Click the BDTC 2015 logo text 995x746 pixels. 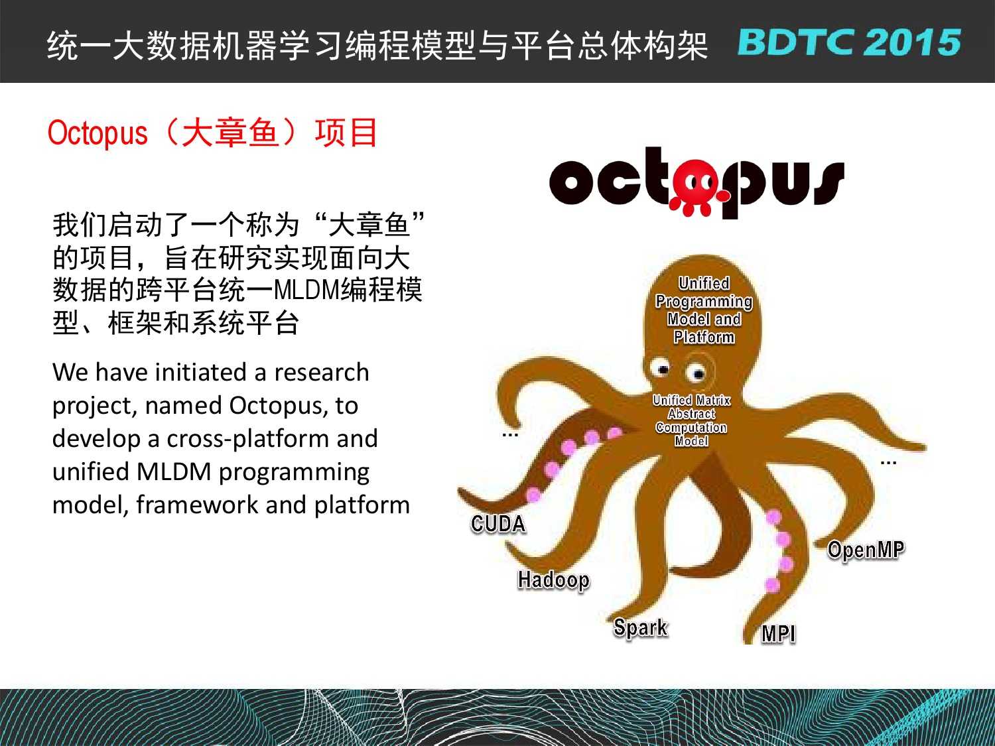pos(848,42)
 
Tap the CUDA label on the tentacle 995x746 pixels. pos(498,524)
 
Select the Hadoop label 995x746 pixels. pos(553,581)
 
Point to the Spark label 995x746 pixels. pos(641,628)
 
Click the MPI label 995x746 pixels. pos(778,634)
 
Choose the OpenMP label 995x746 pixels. pos(866,550)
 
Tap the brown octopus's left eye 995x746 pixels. pos(661,367)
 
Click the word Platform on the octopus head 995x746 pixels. pos(704,337)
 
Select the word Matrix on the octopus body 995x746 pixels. pos(713,401)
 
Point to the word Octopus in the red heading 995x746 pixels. pos(98,133)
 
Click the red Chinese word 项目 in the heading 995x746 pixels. pos(346,132)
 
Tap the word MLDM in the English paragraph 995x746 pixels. pos(174,471)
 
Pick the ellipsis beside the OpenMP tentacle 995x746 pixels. pos(888,463)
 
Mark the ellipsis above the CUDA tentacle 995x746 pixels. pos(510,435)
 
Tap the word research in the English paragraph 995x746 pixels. pos(322,372)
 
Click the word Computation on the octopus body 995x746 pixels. pos(691,428)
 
